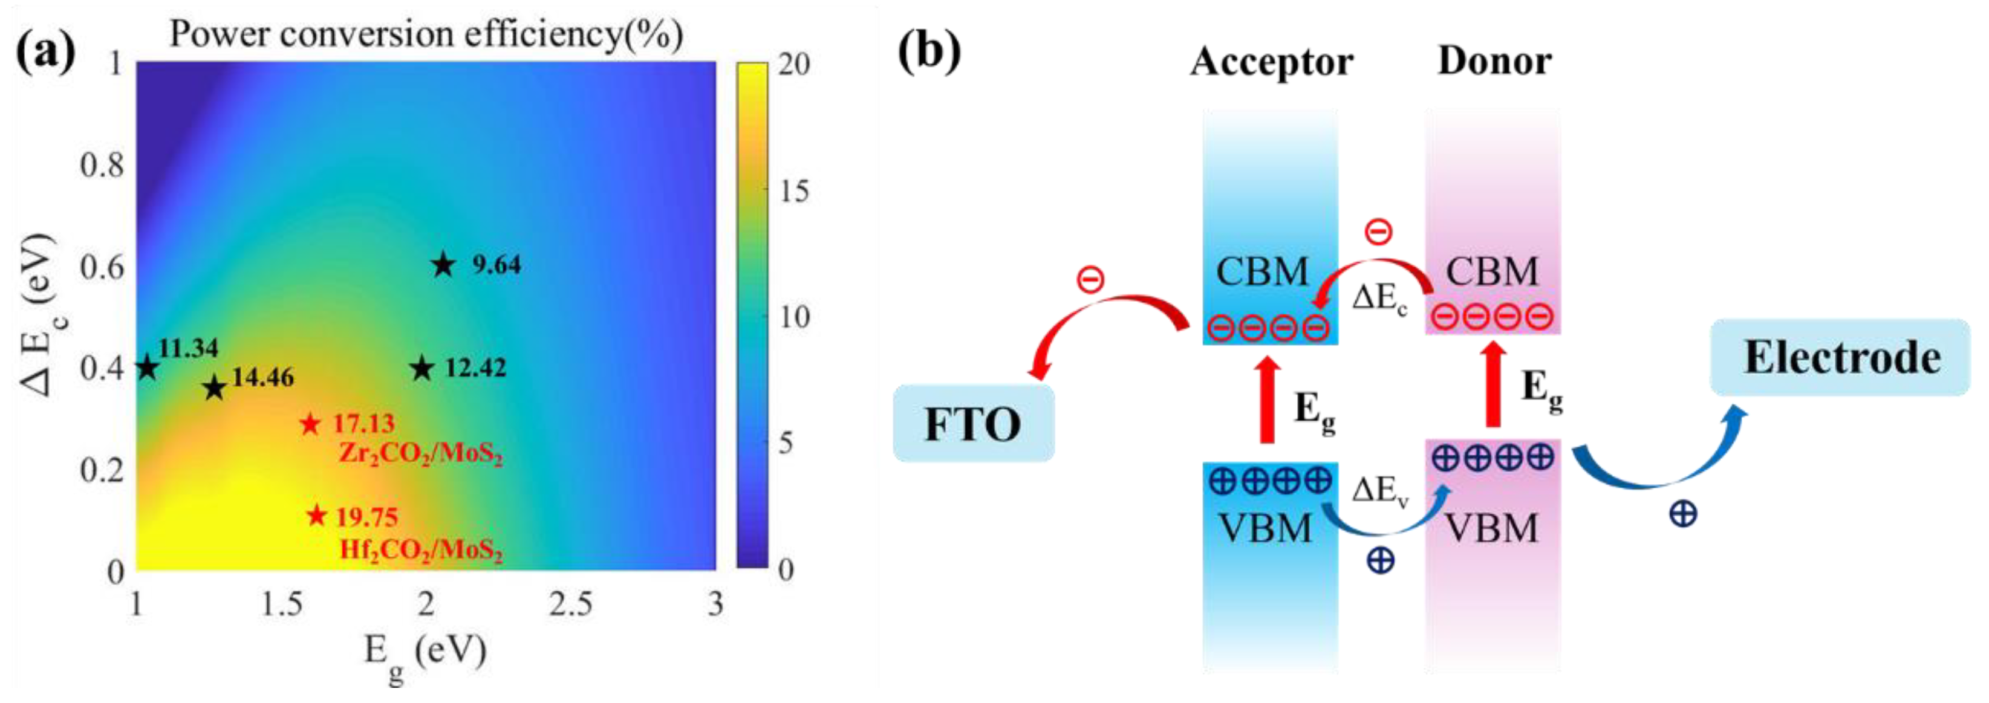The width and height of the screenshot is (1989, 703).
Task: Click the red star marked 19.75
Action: click(x=316, y=516)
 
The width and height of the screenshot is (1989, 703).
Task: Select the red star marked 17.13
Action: click(x=310, y=424)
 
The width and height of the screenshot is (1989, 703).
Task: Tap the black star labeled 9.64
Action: click(x=443, y=265)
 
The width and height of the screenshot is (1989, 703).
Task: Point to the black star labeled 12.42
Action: click(x=422, y=368)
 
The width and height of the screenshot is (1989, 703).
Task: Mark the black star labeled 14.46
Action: click(x=215, y=387)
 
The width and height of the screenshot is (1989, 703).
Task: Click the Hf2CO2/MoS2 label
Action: click(x=421, y=550)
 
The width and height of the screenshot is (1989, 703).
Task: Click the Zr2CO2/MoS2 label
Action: click(x=421, y=454)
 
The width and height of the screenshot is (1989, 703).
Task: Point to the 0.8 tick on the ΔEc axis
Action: click(x=102, y=164)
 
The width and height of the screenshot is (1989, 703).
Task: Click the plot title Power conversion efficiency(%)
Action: click(x=426, y=34)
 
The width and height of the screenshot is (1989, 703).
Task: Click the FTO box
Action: click(x=973, y=424)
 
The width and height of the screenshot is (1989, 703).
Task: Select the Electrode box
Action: click(x=1841, y=357)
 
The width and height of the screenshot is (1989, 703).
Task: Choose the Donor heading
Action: click(x=1494, y=61)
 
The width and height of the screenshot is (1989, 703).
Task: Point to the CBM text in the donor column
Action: click(x=1492, y=271)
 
